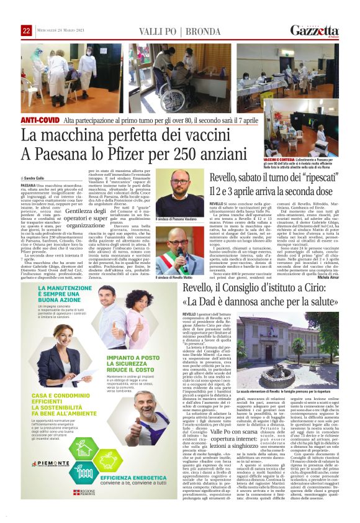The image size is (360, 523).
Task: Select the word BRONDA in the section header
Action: (204, 31)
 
